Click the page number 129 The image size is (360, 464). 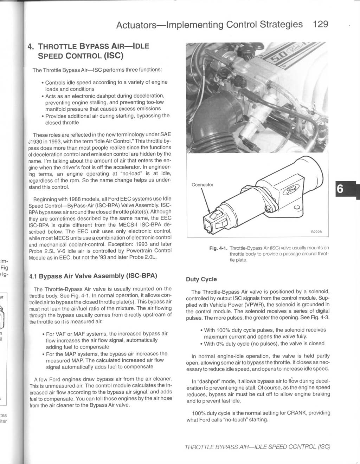coord(320,24)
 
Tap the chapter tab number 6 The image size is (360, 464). coord(340,189)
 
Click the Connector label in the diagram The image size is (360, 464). coord(202,185)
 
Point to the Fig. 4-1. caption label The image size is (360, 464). coord(218,248)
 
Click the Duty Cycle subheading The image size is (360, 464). coord(201,279)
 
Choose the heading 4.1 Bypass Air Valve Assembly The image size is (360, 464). coord(93,276)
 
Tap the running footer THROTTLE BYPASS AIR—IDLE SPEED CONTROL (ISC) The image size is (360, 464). coord(257,447)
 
